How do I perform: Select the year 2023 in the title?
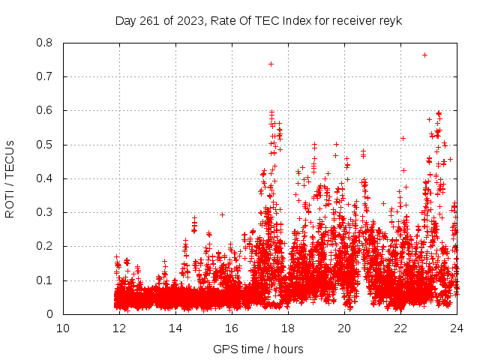185,20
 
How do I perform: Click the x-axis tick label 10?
63,328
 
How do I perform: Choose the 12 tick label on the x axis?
119,328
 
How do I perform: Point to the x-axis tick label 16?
232,328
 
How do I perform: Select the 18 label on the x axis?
288,328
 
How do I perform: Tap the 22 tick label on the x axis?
400,328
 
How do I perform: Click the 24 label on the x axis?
456,328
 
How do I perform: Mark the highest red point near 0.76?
424,55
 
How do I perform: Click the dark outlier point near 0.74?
271,64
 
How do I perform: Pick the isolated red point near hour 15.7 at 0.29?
222,214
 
